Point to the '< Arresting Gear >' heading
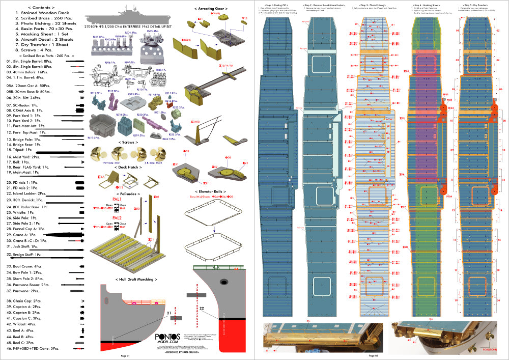pos(211,9)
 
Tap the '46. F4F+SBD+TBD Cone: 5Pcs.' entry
pos(33,348)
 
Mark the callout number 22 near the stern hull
pos(202,308)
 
